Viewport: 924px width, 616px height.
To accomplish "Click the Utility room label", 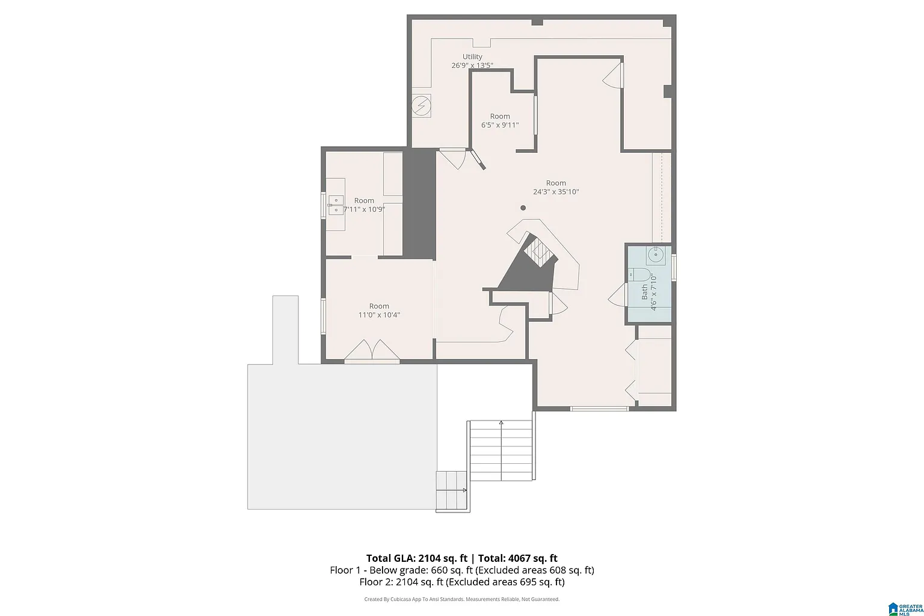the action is pyautogui.click(x=472, y=57).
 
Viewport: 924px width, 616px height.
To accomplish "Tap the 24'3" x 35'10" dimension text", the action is pyautogui.click(x=556, y=192).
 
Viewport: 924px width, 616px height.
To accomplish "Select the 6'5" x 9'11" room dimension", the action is pyautogui.click(x=500, y=125).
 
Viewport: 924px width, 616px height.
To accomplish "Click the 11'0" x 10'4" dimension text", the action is pyautogui.click(x=379, y=315).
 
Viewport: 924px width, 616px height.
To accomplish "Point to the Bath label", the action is pyautogui.click(x=644, y=292).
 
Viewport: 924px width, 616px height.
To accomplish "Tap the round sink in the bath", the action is pyautogui.click(x=656, y=255).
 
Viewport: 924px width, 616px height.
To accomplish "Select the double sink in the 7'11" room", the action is pyautogui.click(x=336, y=205).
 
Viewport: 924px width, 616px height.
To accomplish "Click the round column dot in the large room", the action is pyautogui.click(x=523, y=208).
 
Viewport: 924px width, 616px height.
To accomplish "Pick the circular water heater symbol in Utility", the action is pyautogui.click(x=420, y=106).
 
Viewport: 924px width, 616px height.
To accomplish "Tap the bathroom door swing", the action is pyautogui.click(x=618, y=295).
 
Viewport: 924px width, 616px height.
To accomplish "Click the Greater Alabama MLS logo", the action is pyautogui.click(x=906, y=609).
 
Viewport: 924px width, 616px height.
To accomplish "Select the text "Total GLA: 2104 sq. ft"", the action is pyautogui.click(x=417, y=558).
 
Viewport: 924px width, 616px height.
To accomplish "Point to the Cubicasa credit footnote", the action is pyautogui.click(x=462, y=599).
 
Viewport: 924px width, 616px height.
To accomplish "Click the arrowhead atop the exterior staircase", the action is pyautogui.click(x=501, y=422).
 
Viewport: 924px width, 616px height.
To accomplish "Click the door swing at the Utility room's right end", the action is pyautogui.click(x=613, y=75).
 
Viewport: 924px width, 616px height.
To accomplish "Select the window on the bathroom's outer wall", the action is pyautogui.click(x=674, y=268).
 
